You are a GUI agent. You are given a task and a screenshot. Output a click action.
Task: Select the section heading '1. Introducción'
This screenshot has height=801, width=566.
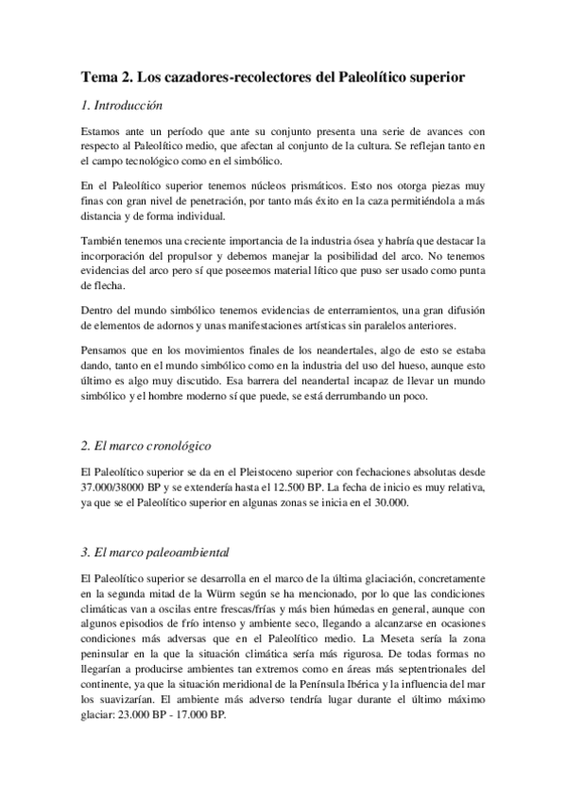click(x=123, y=107)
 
